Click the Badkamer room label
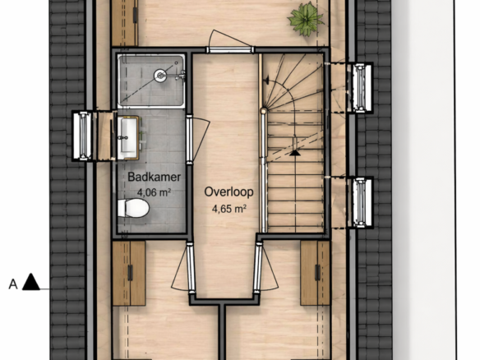pyautogui.click(x=154, y=177)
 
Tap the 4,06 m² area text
pyautogui.click(x=154, y=192)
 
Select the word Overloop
pyautogui.click(x=229, y=192)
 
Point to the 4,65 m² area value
pyautogui.click(x=229, y=209)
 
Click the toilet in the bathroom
pyautogui.click(x=133, y=208)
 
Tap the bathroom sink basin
pyautogui.click(x=128, y=138)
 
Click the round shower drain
pyautogui.click(x=160, y=76)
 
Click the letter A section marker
pyautogui.click(x=13, y=284)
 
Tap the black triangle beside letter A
pyautogui.click(x=31, y=282)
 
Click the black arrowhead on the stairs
pyautogui.click(x=295, y=152)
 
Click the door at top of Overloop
pyautogui.click(x=230, y=50)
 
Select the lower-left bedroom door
pyautogui.click(x=191, y=266)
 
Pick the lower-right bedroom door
pyautogui.click(x=258, y=266)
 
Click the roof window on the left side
pyautogui.click(x=82, y=136)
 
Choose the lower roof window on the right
pyautogui.click(x=361, y=203)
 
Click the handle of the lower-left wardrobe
pyautogui.click(x=130, y=273)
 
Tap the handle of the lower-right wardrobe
pyautogui.click(x=317, y=273)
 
